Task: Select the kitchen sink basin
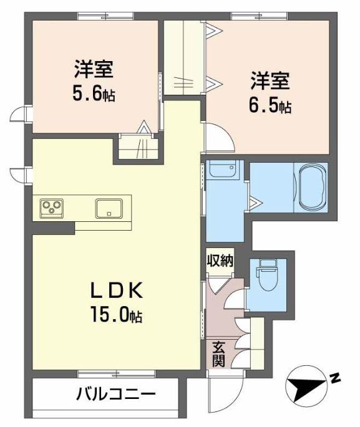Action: tap(109, 209)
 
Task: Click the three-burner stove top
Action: tap(52, 208)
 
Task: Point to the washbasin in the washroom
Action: tap(223, 170)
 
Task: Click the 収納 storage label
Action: tap(220, 261)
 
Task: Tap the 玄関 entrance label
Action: tap(218, 353)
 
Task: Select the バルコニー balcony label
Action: tap(116, 394)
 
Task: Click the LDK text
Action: tap(117, 291)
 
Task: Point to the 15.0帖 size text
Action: tap(117, 315)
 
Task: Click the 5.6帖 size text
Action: tap(94, 93)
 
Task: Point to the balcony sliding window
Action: tap(117, 373)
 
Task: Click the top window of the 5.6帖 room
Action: tap(105, 16)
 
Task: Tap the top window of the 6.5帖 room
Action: tap(259, 16)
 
